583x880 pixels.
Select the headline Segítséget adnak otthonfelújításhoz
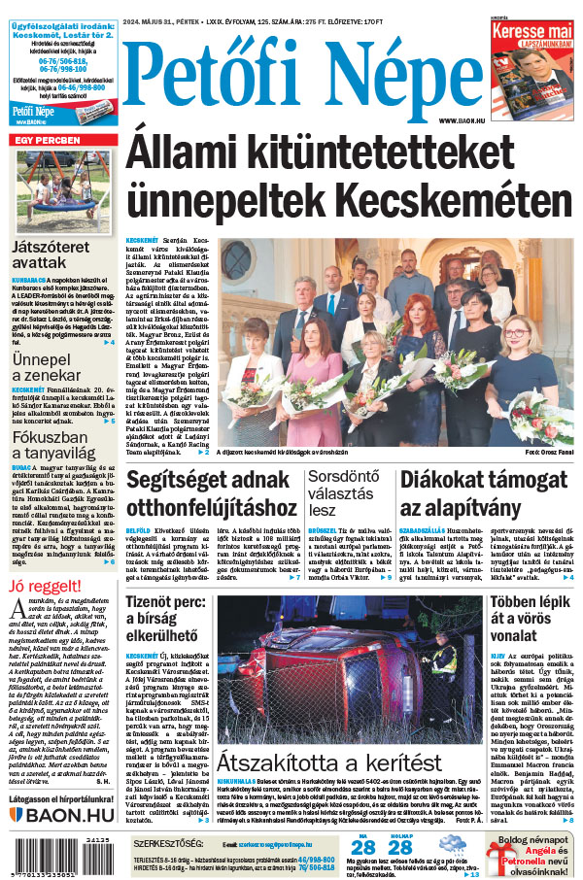(211, 494)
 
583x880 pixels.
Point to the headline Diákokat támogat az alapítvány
(484, 494)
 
